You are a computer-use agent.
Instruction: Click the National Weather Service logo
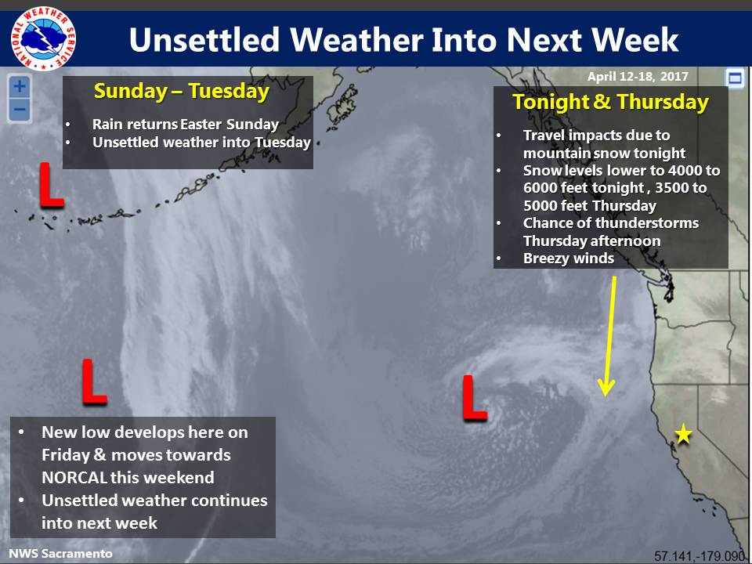click(x=43, y=38)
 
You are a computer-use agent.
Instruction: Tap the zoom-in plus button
click(x=20, y=87)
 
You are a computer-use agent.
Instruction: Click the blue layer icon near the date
click(x=735, y=78)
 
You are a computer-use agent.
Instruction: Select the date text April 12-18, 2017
click(x=638, y=76)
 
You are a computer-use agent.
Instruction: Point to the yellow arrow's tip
click(x=606, y=396)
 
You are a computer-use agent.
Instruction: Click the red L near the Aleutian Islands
click(x=52, y=185)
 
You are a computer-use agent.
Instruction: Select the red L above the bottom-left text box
click(x=94, y=381)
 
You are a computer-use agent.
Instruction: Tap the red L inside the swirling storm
click(x=475, y=398)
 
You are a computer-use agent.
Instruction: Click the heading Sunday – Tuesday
click(x=181, y=91)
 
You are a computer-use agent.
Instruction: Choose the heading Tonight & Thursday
click(x=610, y=102)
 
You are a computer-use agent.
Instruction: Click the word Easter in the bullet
click(x=201, y=125)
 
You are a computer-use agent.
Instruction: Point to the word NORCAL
click(x=74, y=478)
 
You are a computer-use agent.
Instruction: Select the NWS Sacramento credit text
click(x=60, y=554)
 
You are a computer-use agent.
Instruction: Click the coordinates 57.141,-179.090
click(x=700, y=556)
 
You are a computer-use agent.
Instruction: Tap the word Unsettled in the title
click(x=204, y=39)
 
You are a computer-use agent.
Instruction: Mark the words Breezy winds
click(x=569, y=258)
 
